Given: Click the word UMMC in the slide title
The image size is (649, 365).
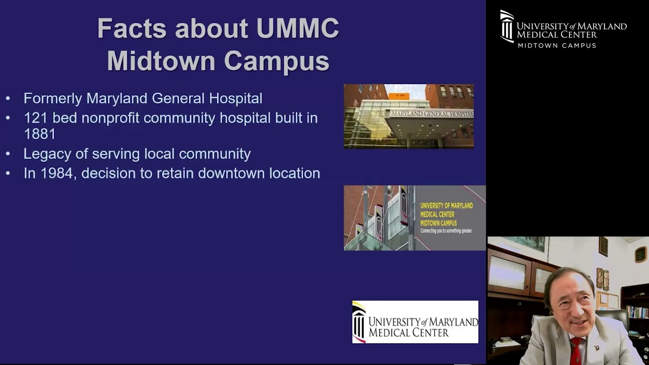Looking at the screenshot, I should [298, 28].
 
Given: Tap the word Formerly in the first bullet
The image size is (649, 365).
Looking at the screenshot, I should [53, 98].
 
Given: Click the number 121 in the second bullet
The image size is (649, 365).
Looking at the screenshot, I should [35, 118].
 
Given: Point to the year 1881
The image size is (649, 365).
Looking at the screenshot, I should [39, 134].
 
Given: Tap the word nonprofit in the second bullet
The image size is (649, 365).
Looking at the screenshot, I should [111, 118].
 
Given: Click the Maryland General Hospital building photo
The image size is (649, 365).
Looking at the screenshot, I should [409, 116].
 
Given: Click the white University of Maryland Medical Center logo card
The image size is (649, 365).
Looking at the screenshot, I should [415, 322].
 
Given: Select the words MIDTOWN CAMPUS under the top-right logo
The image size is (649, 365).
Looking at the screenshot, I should [557, 46].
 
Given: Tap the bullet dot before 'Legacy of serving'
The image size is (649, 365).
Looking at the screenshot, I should [8, 154].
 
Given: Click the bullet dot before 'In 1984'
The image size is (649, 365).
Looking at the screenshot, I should [8, 173].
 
